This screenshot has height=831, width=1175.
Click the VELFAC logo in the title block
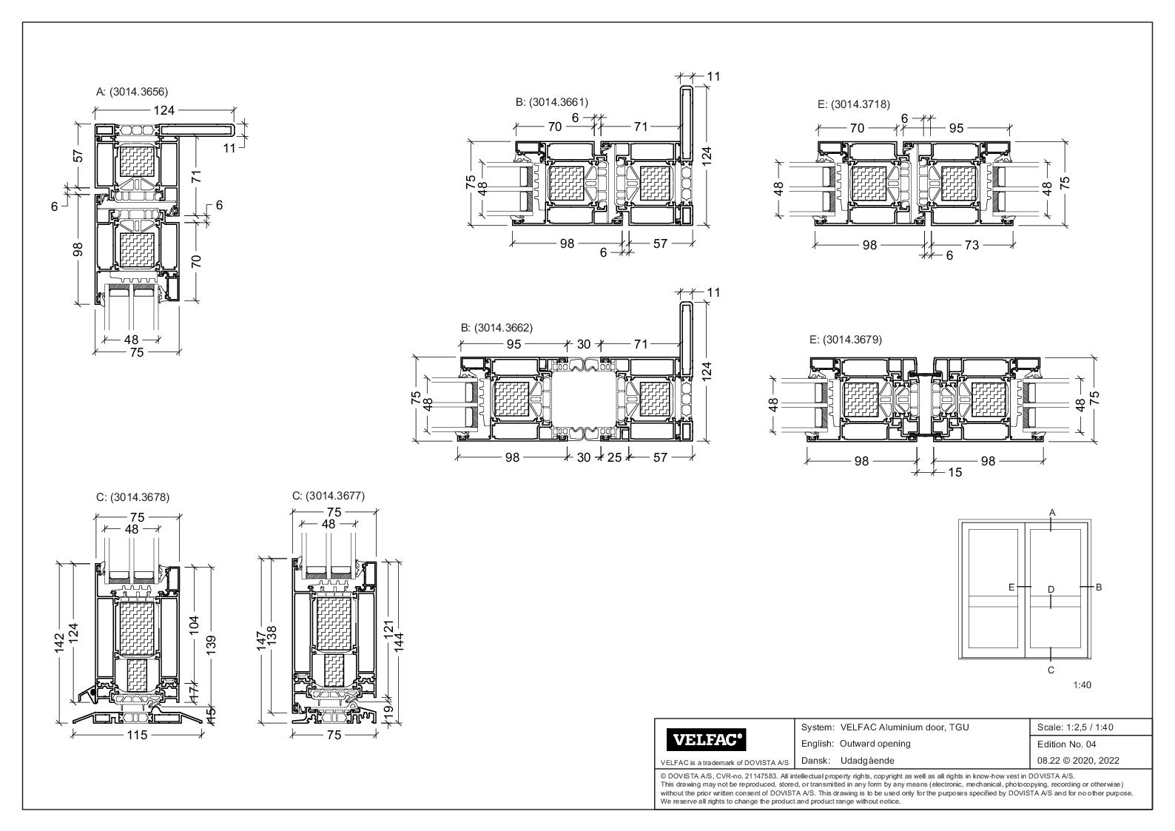pos(706,739)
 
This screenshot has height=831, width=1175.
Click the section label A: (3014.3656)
pos(132,92)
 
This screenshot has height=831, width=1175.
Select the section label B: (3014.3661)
pos(552,102)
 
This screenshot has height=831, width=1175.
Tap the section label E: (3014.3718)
pos(853,104)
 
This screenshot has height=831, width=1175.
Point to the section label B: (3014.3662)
pos(496,327)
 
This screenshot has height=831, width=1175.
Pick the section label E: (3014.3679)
pos(846,340)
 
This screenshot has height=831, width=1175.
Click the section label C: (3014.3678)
pos(132,497)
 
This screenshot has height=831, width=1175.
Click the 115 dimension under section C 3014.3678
pos(138,735)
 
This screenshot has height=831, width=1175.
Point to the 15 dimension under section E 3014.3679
pos(955,472)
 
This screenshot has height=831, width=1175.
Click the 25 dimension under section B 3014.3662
pos(614,457)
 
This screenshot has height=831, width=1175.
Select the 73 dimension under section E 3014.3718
pos(971,245)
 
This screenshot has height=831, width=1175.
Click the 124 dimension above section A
pos(164,110)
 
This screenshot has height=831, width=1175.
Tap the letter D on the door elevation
pos(1051,589)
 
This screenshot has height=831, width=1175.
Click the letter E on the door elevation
pos(1011,587)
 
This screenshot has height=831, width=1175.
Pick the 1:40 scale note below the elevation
pos(1082,684)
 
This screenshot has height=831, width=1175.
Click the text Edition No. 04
pos(1067,744)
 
